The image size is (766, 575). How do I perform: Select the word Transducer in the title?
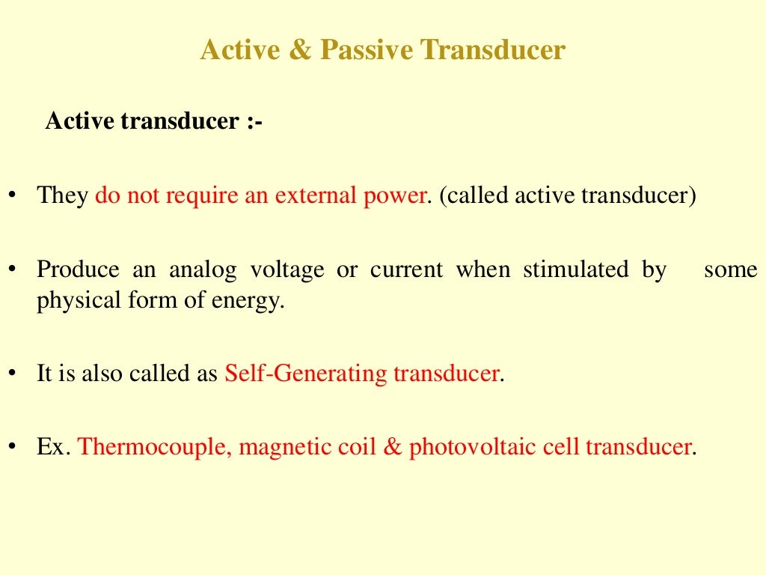tap(492, 51)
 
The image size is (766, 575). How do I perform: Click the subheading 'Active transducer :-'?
tap(154, 121)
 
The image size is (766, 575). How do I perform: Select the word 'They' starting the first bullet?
tap(63, 196)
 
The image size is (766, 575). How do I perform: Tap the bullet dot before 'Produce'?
tap(13, 270)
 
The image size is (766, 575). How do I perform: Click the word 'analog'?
tap(203, 270)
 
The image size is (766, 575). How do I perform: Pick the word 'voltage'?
tap(288, 270)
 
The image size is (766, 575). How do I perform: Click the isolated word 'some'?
tap(730, 270)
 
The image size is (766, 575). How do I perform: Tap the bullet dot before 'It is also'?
tap(13, 373)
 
